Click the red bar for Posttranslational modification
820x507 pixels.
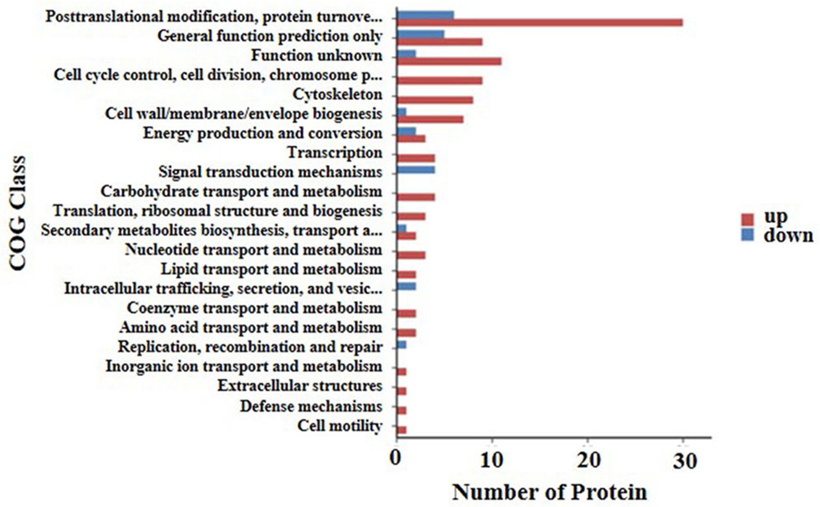(x=540, y=22)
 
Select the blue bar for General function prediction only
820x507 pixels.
(x=420, y=34)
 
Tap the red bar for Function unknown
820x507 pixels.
(x=449, y=61)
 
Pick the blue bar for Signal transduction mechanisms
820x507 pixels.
(x=416, y=170)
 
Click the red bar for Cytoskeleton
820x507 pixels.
(x=435, y=100)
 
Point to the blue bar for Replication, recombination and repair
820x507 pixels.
(x=401, y=345)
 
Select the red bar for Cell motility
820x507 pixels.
(x=401, y=430)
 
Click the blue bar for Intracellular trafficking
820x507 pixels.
(x=406, y=286)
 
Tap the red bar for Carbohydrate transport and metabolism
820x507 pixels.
(x=416, y=197)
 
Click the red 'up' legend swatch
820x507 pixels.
(x=747, y=218)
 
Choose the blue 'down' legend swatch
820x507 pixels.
(x=747, y=235)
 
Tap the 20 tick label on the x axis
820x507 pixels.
(x=588, y=461)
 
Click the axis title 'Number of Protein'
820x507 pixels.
(x=549, y=492)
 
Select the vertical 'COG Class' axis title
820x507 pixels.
(x=18, y=213)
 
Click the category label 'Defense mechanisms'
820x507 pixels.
(x=311, y=406)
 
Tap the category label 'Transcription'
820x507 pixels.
(x=335, y=152)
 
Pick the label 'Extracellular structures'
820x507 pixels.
(x=300, y=385)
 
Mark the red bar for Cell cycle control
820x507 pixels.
(x=439, y=80)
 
